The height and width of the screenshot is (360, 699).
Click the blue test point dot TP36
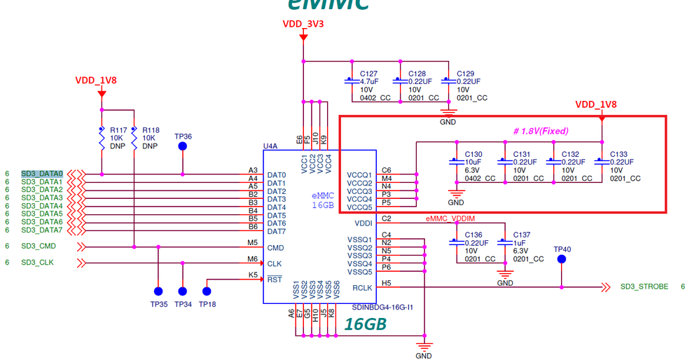[x=183, y=146]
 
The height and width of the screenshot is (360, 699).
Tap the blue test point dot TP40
[x=562, y=259]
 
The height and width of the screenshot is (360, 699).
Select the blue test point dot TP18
[x=207, y=291]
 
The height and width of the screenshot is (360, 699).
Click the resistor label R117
[x=118, y=130]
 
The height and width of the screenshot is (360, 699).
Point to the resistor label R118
[x=151, y=130]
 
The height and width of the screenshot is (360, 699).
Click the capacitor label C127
[x=368, y=74]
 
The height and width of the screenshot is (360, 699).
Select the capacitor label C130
[x=473, y=154]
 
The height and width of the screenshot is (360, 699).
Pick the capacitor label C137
[x=522, y=235]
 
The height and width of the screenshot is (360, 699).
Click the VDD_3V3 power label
[x=303, y=24]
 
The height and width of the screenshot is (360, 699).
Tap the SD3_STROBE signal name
[x=644, y=286]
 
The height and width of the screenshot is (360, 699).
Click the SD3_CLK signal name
[x=37, y=263]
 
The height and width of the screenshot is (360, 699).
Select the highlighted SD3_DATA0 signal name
[x=42, y=174]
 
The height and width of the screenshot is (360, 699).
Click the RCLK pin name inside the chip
[x=362, y=287]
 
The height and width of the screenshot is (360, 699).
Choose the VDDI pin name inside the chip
[x=364, y=223]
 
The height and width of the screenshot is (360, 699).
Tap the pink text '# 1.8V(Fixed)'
[x=541, y=131]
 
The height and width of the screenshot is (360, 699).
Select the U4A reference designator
[x=270, y=146]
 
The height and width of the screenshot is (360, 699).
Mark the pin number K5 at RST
[x=253, y=275]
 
